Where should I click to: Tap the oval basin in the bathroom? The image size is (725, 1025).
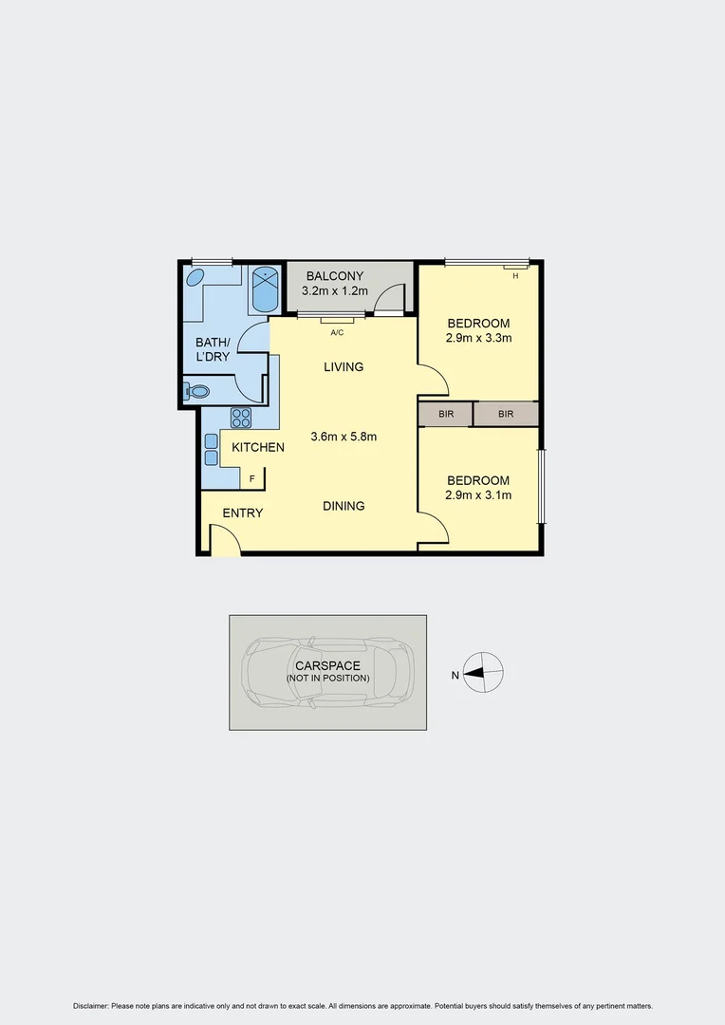coord(195,278)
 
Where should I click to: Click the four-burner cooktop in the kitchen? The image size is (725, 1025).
coord(241,418)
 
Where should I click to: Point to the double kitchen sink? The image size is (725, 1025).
coord(211,450)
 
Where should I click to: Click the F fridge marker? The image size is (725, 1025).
coord(252,478)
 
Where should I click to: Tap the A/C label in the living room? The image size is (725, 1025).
coord(337,333)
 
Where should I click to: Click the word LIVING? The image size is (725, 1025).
coord(344,367)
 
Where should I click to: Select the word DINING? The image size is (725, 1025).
coord(344,506)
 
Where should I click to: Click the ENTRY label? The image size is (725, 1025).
coord(243,513)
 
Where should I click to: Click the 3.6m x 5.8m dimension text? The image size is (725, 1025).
coord(344,438)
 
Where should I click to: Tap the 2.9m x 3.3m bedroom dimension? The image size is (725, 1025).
coord(479,337)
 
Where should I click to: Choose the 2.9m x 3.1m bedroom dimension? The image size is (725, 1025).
coord(479,494)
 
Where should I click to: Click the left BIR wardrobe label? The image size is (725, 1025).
coord(446,415)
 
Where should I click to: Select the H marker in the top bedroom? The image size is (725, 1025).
coord(515,276)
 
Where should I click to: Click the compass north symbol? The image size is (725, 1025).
coord(484,673)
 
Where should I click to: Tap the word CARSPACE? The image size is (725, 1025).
coord(327,666)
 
